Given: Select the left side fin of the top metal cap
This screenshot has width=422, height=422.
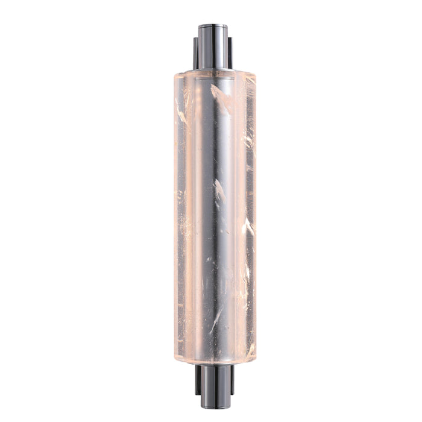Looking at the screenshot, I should coord(196,54).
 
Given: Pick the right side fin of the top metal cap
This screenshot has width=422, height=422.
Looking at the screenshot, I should coord(230,54).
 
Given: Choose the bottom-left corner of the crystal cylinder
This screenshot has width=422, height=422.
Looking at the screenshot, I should coord(177,358).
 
